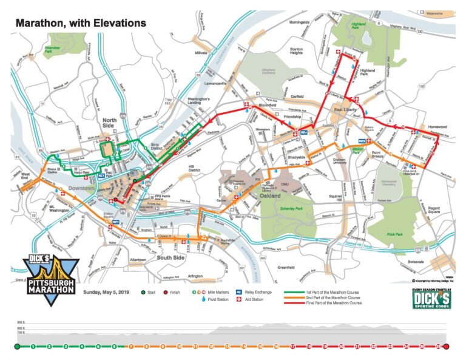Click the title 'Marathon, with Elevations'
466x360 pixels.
point(81,23)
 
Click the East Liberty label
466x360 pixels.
point(345,110)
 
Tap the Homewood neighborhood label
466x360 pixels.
point(436,127)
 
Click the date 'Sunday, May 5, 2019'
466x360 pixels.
point(107,292)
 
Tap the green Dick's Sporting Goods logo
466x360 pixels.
point(431,297)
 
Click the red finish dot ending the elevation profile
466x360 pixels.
point(447,347)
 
